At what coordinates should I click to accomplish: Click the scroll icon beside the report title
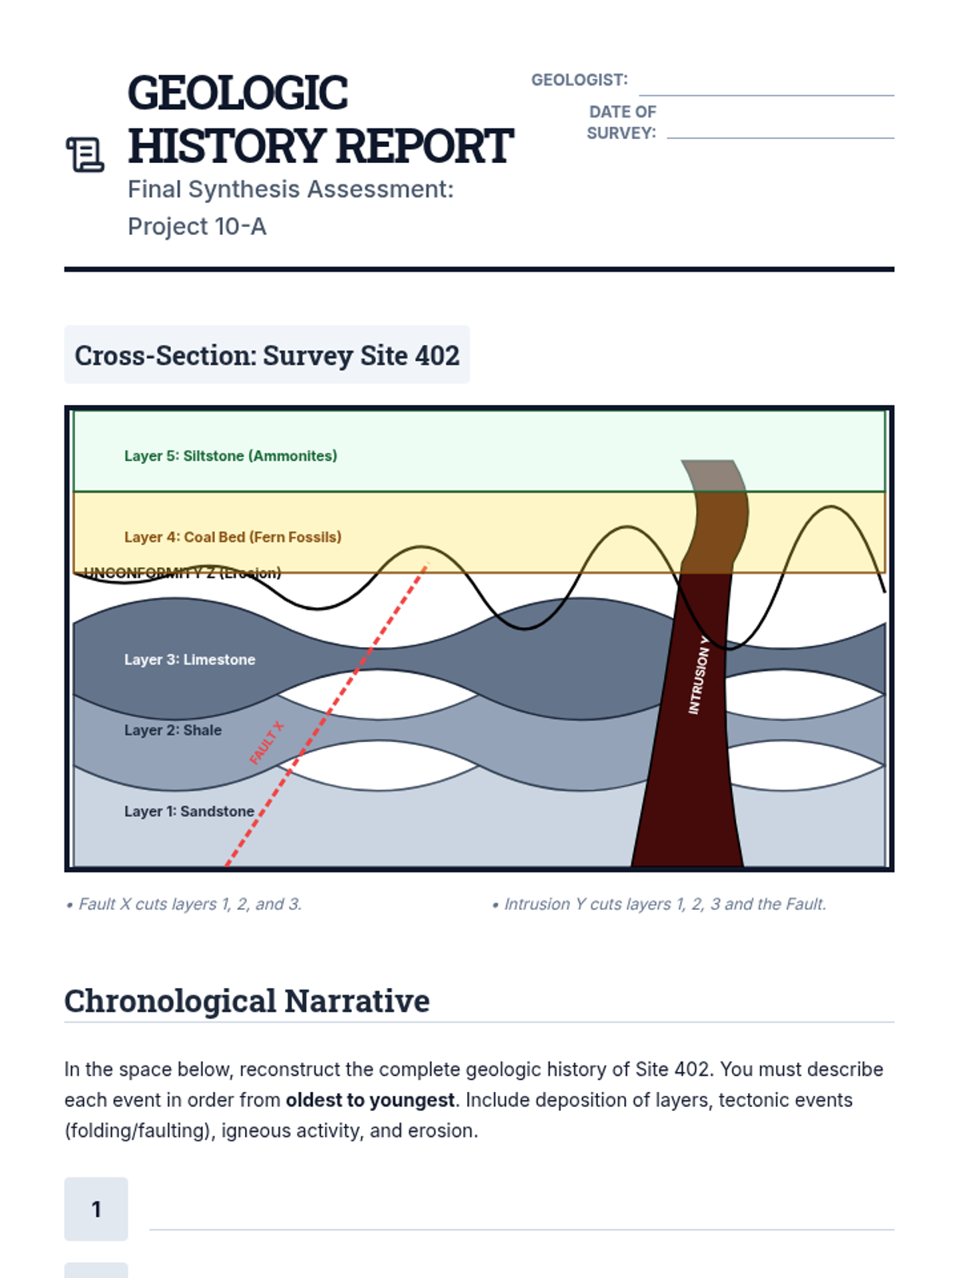click(x=85, y=154)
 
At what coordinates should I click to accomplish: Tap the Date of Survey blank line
click(x=780, y=133)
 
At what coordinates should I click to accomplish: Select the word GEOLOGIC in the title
click(x=237, y=93)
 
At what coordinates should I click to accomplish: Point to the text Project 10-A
click(x=197, y=227)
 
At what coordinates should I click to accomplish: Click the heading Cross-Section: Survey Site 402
click(x=267, y=355)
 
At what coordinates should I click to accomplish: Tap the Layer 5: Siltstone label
click(x=231, y=456)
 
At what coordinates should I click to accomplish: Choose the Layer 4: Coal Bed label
click(x=232, y=538)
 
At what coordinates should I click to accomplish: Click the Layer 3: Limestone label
click(x=190, y=660)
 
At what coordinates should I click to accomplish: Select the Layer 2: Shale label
click(x=172, y=730)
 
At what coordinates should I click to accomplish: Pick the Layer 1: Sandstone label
click(x=189, y=812)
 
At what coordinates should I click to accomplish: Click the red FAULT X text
click(x=267, y=743)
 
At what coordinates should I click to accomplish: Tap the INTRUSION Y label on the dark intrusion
click(x=699, y=676)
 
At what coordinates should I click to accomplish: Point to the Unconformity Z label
click(x=183, y=573)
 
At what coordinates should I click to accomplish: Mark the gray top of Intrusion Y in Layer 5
click(x=714, y=475)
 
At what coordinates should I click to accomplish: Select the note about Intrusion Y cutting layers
click(x=659, y=904)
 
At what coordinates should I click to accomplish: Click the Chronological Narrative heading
click(x=247, y=1001)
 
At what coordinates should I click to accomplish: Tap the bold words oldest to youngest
click(x=370, y=1100)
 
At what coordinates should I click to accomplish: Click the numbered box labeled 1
click(x=96, y=1209)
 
